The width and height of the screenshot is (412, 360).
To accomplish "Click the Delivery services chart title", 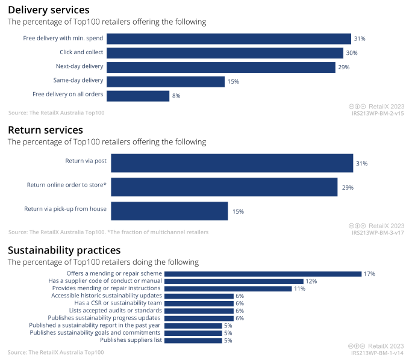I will pyautogui.click(x=48, y=10).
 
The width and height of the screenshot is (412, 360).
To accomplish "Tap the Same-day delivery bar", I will pyautogui.click(x=166, y=81).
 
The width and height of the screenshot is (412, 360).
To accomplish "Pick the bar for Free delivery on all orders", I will pyautogui.click(x=138, y=96).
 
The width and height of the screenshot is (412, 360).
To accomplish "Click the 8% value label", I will pyautogui.click(x=176, y=96).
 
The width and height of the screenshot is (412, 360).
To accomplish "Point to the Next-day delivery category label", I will pyautogui.click(x=80, y=66).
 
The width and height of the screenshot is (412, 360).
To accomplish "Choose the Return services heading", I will pyautogui.click(x=45, y=130).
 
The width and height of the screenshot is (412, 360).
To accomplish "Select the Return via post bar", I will pyautogui.click(x=232, y=163).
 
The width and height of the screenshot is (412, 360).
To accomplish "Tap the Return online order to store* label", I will pyautogui.click(x=66, y=185).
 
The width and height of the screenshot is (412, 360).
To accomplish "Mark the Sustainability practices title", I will pyautogui.click(x=64, y=250).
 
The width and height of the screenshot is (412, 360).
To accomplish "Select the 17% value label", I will pyautogui.click(x=369, y=274).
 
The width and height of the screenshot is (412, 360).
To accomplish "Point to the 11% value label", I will pyautogui.click(x=299, y=288).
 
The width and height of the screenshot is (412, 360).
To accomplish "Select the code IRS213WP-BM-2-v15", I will pyautogui.click(x=378, y=113).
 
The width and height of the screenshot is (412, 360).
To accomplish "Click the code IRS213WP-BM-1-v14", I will pyautogui.click(x=378, y=353).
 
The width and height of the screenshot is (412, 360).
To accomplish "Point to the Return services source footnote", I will pyautogui.click(x=108, y=232).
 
